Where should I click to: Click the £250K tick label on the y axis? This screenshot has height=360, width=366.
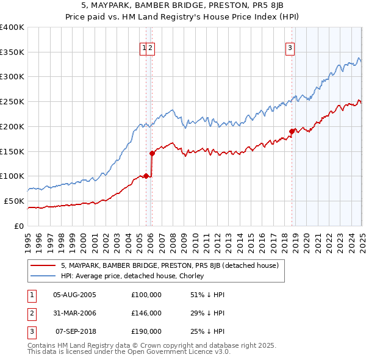(x=12, y=102)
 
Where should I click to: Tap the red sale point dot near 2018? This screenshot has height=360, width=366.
(x=292, y=131)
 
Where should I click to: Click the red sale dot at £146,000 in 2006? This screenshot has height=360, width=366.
(x=152, y=153)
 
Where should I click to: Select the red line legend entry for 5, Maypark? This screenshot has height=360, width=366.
(x=170, y=265)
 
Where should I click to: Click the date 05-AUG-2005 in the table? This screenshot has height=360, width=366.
(x=75, y=295)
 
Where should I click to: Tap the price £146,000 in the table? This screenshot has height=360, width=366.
(x=146, y=313)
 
